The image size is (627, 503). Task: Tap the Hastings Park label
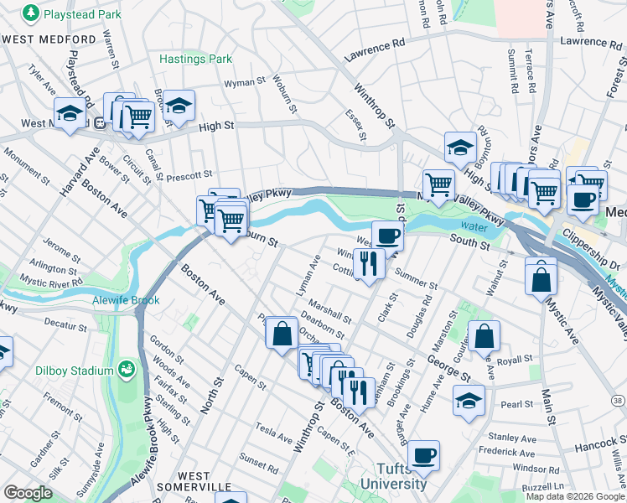(x=195, y=60)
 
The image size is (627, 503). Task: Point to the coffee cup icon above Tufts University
(x=424, y=454)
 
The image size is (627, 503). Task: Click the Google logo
(x=28, y=493)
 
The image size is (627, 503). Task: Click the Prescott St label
(x=189, y=176)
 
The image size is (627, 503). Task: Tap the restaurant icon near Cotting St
(x=369, y=263)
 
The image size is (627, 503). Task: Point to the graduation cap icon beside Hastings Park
(x=179, y=105)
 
